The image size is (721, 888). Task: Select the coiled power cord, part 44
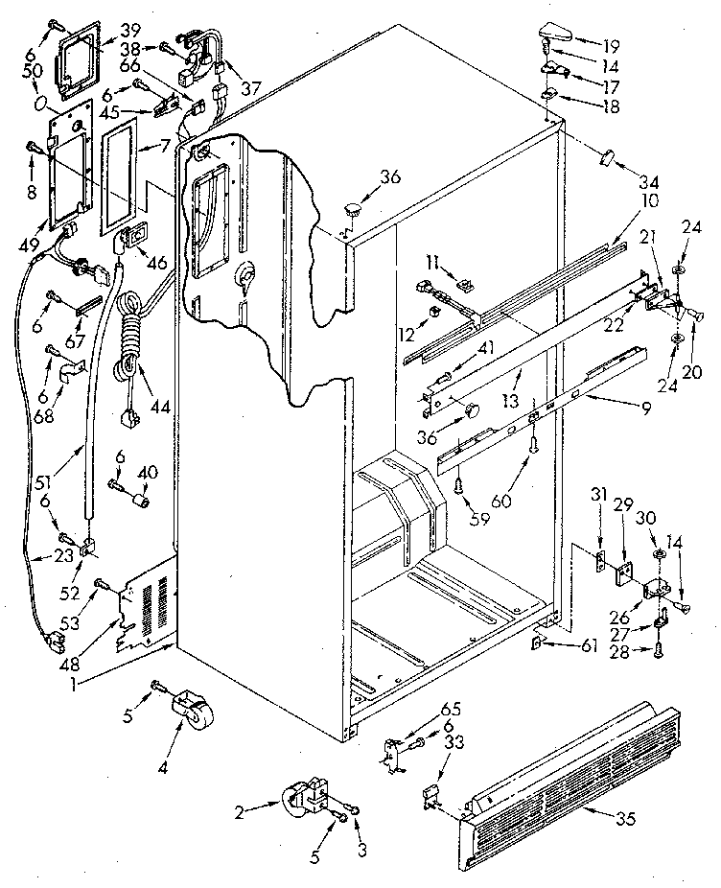[129, 336]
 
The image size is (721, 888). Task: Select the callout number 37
[251, 88]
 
